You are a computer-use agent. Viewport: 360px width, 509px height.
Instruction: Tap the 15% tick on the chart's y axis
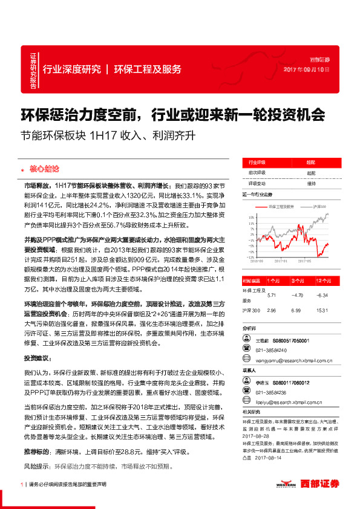[250, 215]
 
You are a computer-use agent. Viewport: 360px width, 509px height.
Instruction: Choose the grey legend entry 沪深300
[319, 206]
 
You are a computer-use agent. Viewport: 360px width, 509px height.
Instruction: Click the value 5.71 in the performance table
[271, 296]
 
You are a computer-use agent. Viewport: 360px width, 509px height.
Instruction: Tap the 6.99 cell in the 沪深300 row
[296, 310]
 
